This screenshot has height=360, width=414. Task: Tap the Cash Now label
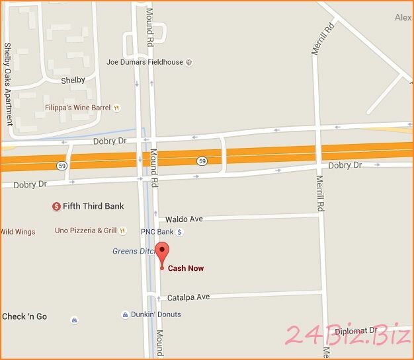(186, 268)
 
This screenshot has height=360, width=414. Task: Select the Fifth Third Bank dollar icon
(56, 206)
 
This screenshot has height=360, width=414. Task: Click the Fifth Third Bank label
(93, 206)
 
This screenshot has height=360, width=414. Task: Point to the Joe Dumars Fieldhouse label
(145, 62)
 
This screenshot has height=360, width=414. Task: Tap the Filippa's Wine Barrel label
(77, 107)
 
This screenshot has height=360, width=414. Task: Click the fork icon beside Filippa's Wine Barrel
(116, 107)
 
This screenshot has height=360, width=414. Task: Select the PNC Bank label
(157, 232)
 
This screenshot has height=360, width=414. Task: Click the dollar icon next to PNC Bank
(179, 232)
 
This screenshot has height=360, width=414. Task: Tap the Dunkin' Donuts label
(156, 314)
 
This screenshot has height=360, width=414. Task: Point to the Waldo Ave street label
(184, 219)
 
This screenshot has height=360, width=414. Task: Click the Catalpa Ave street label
(188, 297)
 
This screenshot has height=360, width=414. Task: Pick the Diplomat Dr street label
(356, 330)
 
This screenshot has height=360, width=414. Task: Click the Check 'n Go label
(24, 316)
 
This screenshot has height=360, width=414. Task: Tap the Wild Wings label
(18, 231)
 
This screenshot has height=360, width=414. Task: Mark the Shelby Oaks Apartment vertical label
(8, 84)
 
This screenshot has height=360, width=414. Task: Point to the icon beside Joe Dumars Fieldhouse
(189, 62)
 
